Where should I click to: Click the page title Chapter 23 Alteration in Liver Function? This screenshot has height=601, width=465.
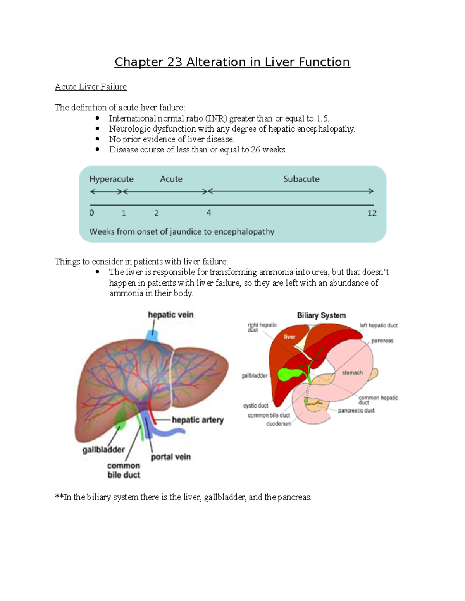[232, 62]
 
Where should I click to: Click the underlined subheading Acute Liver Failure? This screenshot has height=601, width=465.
[91, 87]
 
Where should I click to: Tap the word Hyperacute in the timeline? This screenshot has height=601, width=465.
[112, 179]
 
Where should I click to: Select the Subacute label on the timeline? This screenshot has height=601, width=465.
[301, 179]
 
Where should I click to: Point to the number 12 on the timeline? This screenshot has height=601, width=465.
[372, 213]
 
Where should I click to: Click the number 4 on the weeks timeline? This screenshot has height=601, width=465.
[208, 213]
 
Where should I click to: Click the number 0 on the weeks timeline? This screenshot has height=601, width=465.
[92, 213]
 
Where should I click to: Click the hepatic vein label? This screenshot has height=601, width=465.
[170, 315]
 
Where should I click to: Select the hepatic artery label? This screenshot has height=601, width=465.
[198, 420]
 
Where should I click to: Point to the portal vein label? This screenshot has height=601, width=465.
[170, 457]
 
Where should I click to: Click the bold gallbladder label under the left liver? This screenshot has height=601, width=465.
[103, 450]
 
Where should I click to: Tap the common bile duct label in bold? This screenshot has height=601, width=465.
[124, 470]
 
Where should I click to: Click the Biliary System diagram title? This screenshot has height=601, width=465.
[321, 315]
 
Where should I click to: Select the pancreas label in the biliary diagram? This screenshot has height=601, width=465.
[382, 341]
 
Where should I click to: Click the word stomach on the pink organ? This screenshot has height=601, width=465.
[352, 373]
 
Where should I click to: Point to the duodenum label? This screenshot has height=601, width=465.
[279, 424]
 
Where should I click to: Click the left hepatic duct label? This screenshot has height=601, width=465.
[379, 325]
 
